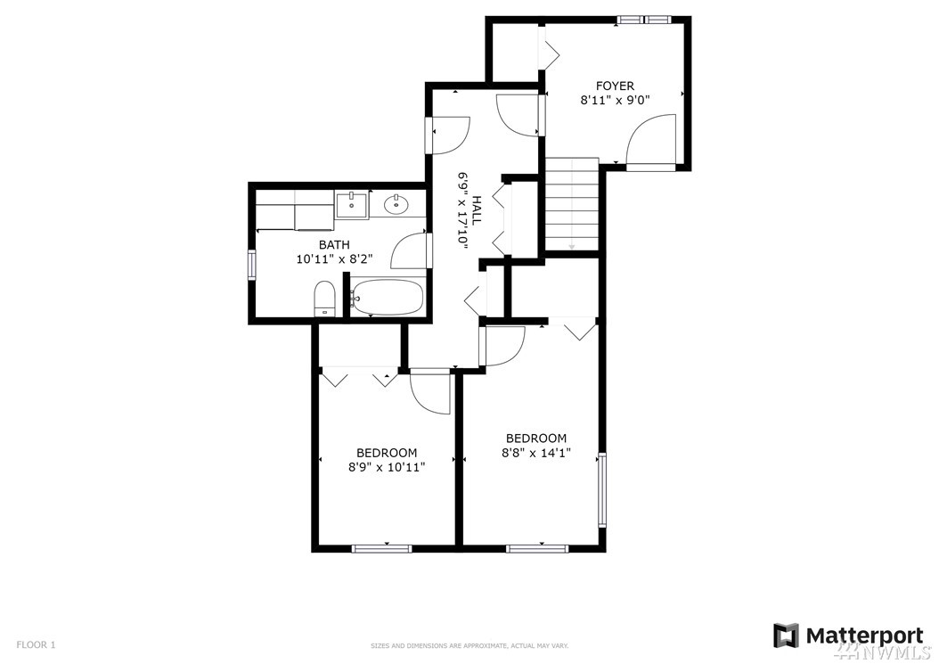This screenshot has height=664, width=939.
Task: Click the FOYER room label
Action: tap(615, 86)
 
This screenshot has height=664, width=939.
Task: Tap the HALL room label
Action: tap(477, 210)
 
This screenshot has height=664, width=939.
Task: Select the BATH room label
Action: tap(334, 244)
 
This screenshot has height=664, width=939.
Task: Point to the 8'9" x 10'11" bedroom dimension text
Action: tap(387, 467)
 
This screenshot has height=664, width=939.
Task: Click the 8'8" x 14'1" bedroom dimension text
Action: tap(536, 453)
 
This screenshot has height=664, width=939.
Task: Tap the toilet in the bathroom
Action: tap(324, 298)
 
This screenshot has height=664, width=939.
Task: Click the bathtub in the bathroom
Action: tap(388, 297)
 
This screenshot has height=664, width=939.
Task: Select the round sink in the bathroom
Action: tap(396, 205)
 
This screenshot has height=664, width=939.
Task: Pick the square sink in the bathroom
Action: tap(351, 206)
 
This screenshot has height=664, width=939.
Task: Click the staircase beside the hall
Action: tap(572, 204)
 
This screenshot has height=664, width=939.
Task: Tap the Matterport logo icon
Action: tap(786, 635)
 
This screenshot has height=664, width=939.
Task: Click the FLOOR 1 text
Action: tap(36, 644)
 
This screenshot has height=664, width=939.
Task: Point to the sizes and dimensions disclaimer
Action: tap(469, 646)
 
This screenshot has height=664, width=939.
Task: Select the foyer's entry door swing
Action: tap(651, 139)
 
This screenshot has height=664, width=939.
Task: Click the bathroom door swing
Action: tap(410, 250)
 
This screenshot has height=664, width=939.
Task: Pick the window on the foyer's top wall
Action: tap(644, 20)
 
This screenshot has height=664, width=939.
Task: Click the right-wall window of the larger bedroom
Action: tap(602, 489)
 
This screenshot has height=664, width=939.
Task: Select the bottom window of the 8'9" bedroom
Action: tap(381, 548)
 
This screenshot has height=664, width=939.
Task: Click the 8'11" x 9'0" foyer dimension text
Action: tap(615, 101)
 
